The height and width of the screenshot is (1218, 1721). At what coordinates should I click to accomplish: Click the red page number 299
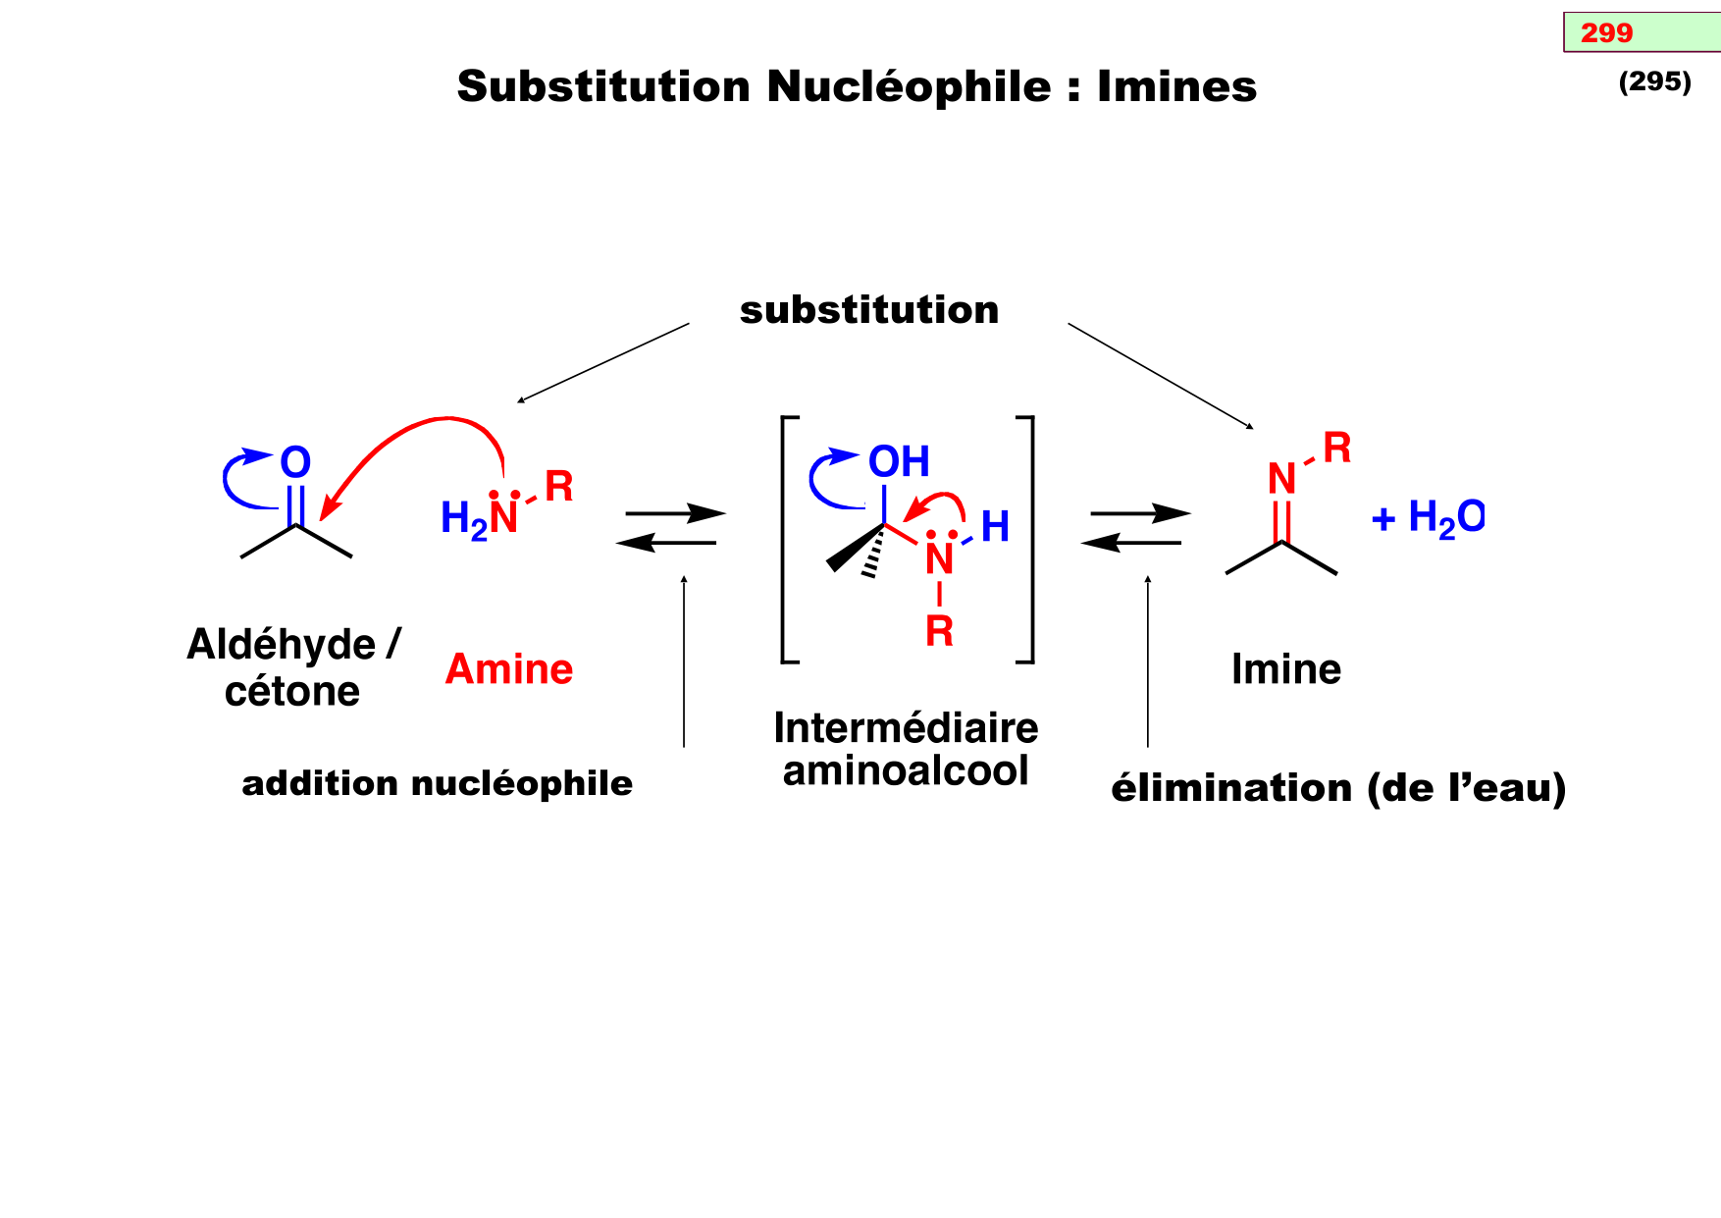(x=1606, y=33)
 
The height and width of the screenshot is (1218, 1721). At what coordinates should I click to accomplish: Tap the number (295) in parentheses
(x=1654, y=81)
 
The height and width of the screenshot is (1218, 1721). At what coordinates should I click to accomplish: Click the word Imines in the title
(x=1176, y=86)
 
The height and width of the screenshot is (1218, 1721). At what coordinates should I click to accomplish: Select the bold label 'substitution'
(x=869, y=310)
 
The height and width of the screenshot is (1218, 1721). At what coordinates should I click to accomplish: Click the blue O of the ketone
(x=295, y=462)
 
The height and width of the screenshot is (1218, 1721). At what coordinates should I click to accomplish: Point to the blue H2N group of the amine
(x=469, y=518)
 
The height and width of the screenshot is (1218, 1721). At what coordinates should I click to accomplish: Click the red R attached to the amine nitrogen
(x=559, y=486)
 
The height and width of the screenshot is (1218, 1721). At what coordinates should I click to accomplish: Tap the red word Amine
(x=509, y=669)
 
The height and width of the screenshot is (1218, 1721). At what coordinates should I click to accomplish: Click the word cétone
(x=292, y=692)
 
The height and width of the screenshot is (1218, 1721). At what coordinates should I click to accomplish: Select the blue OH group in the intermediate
(x=899, y=461)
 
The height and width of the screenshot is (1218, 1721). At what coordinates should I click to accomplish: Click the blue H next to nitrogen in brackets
(x=995, y=527)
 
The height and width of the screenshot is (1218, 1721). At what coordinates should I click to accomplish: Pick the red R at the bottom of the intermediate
(x=939, y=631)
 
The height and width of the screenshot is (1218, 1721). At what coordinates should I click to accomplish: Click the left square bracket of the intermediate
(x=787, y=540)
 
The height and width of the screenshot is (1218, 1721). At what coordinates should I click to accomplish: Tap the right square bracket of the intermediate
(x=1027, y=540)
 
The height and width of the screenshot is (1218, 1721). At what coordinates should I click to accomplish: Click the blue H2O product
(x=1444, y=517)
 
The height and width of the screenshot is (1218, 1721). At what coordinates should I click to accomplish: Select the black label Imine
(x=1286, y=669)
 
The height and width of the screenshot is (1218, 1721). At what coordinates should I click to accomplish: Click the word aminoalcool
(x=906, y=771)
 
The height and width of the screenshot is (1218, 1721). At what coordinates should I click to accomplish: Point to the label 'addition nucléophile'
(x=438, y=783)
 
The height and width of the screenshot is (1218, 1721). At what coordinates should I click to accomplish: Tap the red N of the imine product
(x=1281, y=479)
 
